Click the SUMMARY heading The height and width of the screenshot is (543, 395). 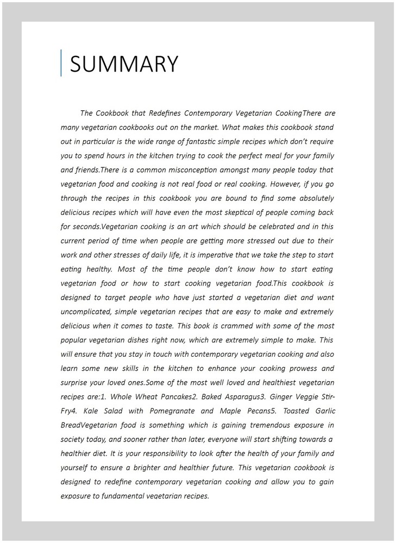[x=124, y=64]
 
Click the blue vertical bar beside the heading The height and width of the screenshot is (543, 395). [x=61, y=63]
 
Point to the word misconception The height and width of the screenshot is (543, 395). [x=199, y=170]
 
